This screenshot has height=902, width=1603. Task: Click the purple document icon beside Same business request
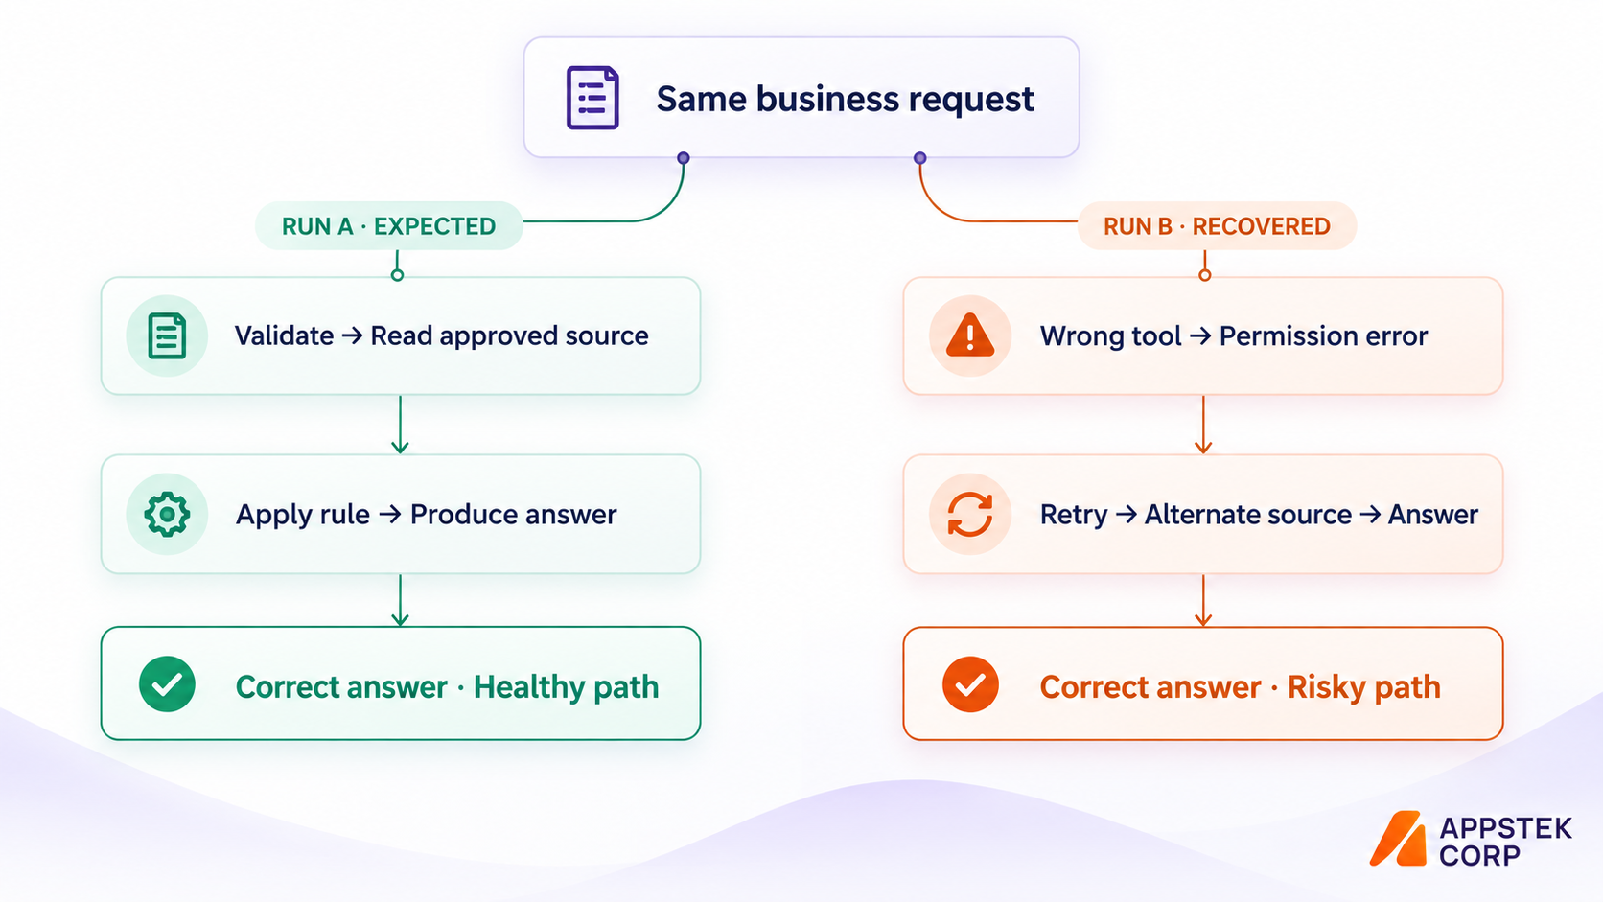click(592, 98)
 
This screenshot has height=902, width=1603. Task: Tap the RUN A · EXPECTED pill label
click(388, 226)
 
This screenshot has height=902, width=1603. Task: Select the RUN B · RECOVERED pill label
click(1217, 226)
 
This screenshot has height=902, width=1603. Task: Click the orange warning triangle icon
click(969, 335)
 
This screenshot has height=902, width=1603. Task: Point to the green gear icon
click(167, 514)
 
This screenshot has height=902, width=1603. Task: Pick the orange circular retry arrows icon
click(969, 515)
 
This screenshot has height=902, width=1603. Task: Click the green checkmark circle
click(167, 684)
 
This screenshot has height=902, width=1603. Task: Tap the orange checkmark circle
click(970, 684)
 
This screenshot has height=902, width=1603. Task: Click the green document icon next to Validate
click(167, 335)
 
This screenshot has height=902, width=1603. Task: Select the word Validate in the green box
click(284, 335)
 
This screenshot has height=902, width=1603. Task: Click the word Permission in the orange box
click(1280, 336)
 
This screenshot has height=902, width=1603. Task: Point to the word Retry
click(1074, 515)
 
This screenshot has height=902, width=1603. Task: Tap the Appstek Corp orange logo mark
click(1398, 839)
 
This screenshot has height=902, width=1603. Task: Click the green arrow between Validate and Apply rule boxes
click(400, 425)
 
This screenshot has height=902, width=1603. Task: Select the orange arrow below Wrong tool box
click(1203, 425)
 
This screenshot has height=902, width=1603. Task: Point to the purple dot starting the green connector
click(684, 158)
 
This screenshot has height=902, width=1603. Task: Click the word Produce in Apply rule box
click(461, 515)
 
